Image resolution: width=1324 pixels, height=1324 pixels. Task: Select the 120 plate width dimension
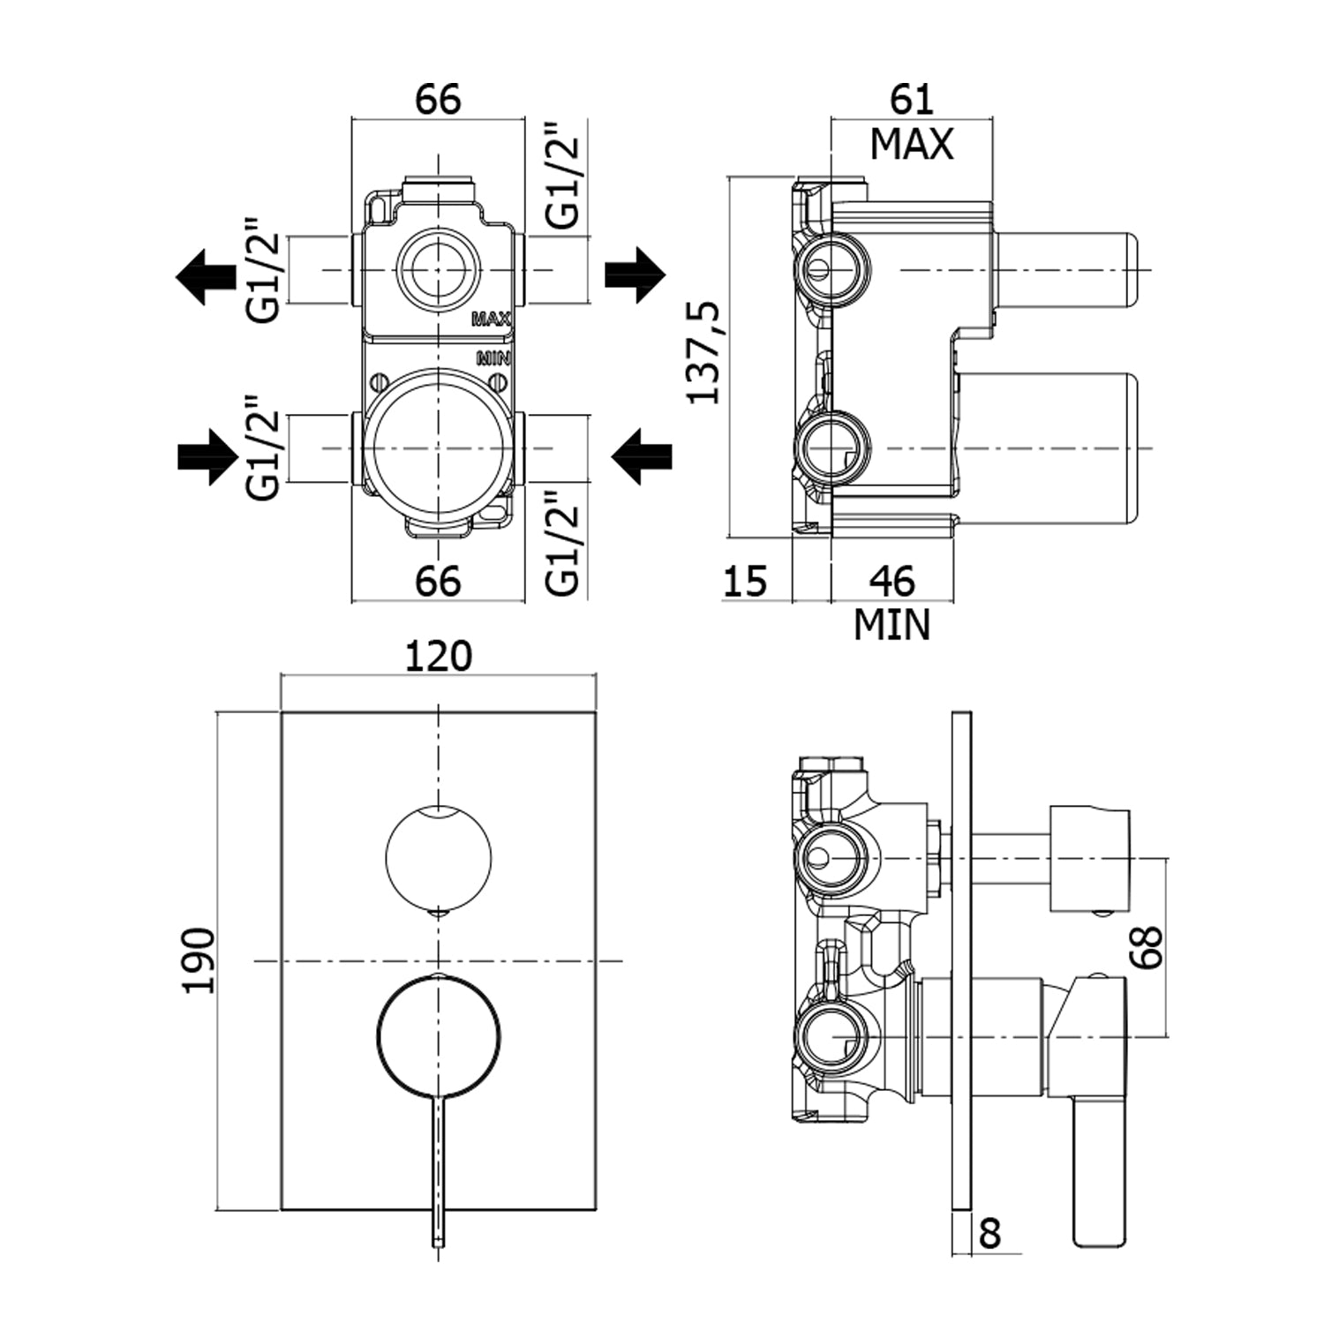pos(439,657)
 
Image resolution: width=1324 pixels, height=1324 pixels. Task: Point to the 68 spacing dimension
pos(1148,946)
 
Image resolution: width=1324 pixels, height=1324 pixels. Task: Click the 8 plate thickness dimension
pos(990,1233)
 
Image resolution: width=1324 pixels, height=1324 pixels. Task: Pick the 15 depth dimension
pos(746,581)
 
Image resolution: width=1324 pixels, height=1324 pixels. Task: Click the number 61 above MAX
pos(911,100)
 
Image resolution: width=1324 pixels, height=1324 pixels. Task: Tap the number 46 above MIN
pos(891,581)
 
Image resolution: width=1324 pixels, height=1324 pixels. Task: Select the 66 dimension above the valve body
pos(439,100)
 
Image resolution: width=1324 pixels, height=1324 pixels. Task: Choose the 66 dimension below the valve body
pos(439,581)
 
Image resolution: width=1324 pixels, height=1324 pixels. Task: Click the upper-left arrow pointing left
pos(202,275)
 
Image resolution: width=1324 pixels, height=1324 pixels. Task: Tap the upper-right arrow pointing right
pos(635,275)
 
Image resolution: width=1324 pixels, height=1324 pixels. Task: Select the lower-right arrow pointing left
pos(642,456)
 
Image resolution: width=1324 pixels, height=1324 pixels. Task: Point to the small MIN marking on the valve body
pos(493,358)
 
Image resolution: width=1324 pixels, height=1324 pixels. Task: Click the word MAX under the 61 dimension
pos(912,144)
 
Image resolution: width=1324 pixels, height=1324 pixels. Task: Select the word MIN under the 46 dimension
pos(891,625)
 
